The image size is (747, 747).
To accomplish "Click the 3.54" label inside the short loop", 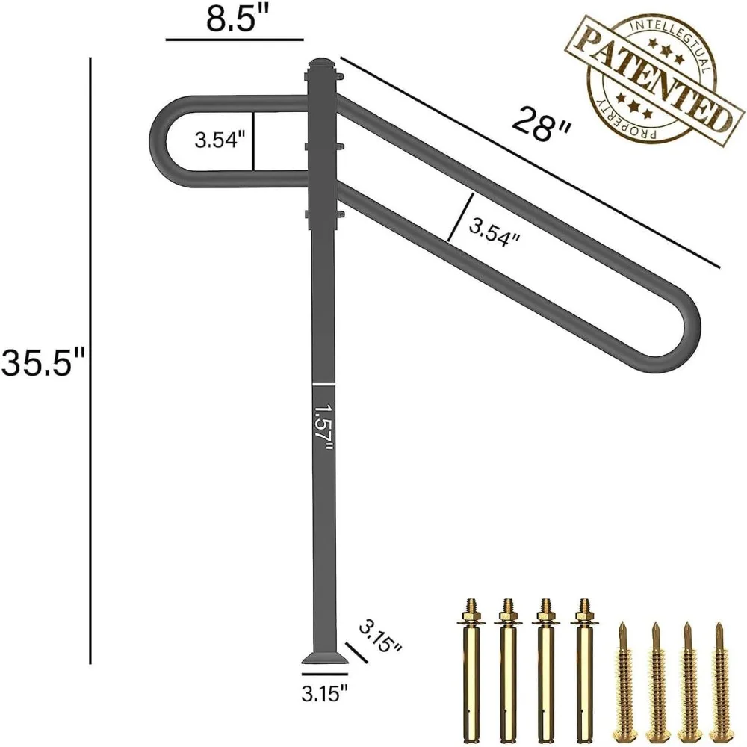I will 220,140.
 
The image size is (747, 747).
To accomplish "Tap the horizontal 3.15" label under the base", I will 323,694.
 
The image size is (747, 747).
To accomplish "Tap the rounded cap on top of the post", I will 322,62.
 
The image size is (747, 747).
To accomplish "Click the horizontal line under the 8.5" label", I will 235,37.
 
